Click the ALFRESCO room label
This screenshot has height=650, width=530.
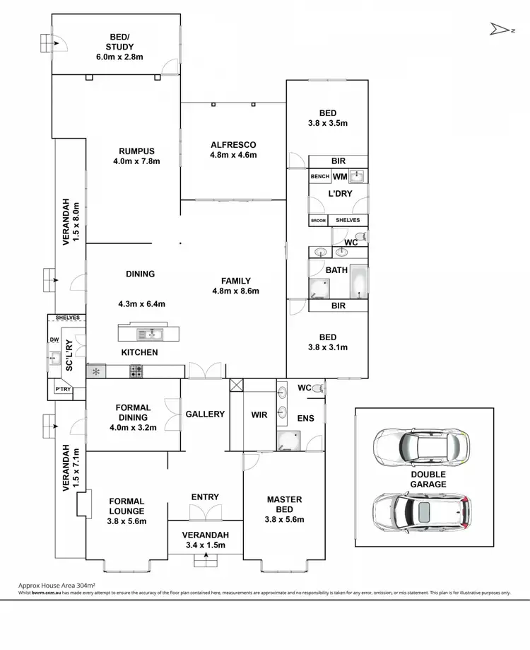coord(232,145)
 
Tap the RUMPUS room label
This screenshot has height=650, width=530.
coord(136,151)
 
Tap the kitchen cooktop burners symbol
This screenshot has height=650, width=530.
coord(136,370)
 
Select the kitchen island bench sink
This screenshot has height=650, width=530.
coord(153,332)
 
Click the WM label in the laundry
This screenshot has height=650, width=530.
coord(339,177)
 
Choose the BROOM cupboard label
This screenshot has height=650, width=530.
coord(319,221)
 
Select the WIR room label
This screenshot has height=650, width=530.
coord(259,414)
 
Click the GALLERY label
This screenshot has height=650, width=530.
coord(205,414)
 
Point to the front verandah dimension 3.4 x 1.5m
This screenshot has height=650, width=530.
coord(205,545)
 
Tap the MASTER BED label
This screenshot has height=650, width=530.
coord(284,504)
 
